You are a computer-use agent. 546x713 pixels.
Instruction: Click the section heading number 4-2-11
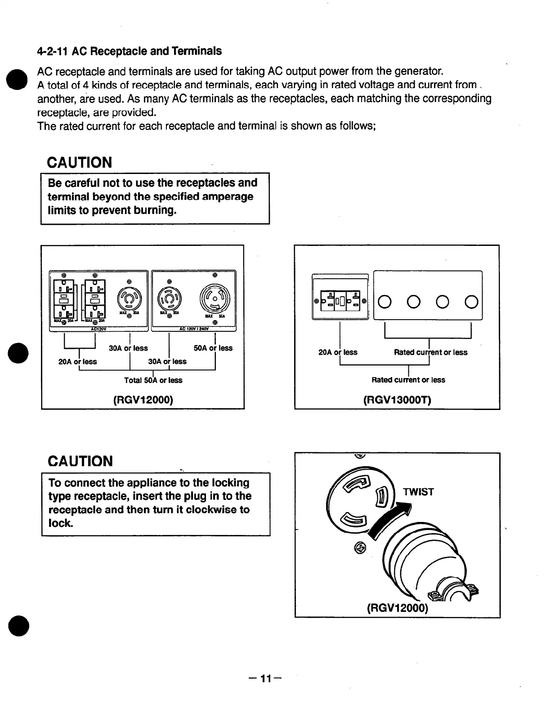coord(52,51)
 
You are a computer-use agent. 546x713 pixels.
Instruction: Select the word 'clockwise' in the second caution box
coord(211,510)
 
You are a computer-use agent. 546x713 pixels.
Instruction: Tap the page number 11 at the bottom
coord(267,678)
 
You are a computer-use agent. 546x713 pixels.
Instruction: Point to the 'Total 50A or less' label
coord(153,380)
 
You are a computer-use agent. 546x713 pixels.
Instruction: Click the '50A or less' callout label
coord(213,348)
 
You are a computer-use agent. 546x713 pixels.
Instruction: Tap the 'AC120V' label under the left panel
coord(98,329)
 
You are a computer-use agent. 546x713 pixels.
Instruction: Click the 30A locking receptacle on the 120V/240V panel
coord(169,298)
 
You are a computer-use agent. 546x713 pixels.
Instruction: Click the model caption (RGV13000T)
coord(397,400)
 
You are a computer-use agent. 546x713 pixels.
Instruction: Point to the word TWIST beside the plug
coord(418,492)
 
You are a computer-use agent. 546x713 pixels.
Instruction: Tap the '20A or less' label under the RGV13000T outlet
coord(338,352)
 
